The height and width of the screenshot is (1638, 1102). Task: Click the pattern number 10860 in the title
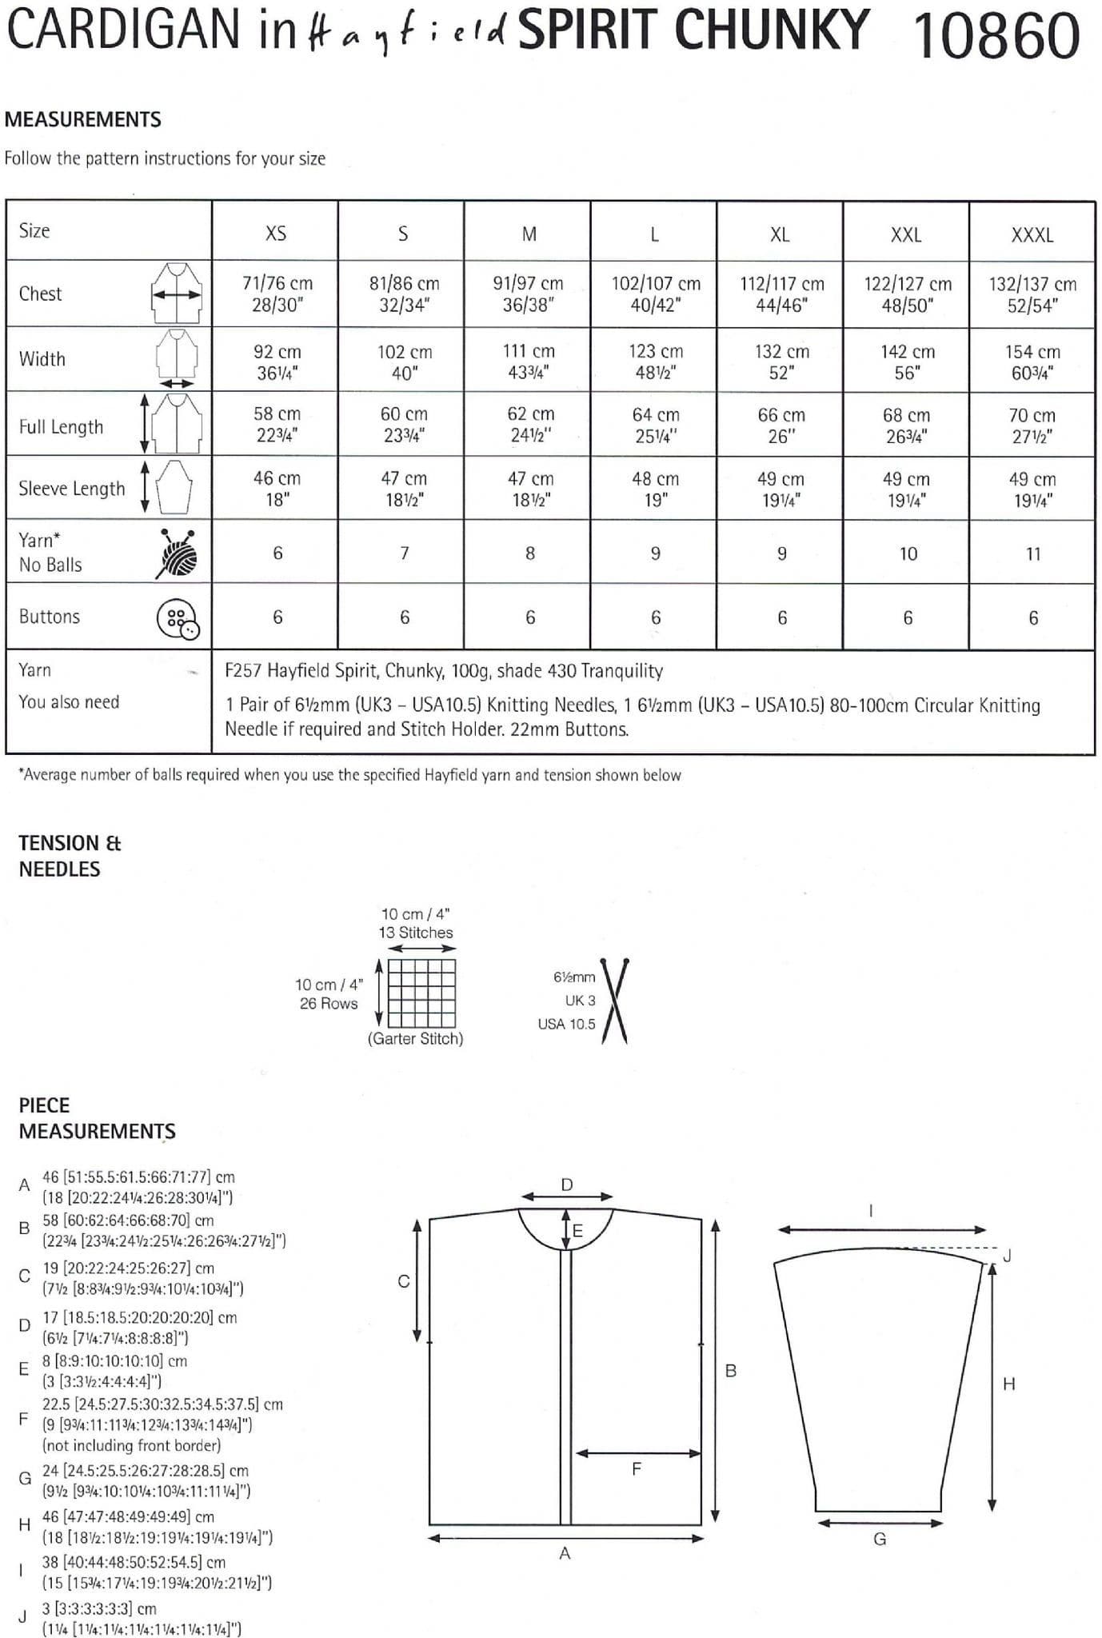996,36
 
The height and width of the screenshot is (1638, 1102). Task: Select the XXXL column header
1032,235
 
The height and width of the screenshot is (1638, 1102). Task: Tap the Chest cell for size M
528,294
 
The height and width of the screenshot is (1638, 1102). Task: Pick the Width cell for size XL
781,362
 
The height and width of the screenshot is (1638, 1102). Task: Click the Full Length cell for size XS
277,424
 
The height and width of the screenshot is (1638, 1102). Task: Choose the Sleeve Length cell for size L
655,489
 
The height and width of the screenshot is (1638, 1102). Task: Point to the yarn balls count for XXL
908,553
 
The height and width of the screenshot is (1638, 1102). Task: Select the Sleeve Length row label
72,489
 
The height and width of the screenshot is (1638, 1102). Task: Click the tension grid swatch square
421,992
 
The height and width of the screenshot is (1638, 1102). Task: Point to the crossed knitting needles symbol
614,1001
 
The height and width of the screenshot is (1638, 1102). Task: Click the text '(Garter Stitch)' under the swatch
415,1038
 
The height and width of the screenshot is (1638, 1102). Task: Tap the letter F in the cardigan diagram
637,1468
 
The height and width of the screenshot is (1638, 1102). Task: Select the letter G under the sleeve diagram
880,1539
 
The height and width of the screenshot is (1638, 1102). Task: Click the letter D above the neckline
566,1185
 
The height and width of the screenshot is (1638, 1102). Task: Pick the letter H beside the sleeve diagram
1008,1384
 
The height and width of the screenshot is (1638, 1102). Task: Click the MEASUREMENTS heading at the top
83,119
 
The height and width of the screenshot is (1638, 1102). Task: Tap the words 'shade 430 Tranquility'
580,670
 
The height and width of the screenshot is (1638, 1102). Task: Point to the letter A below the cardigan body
565,1553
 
